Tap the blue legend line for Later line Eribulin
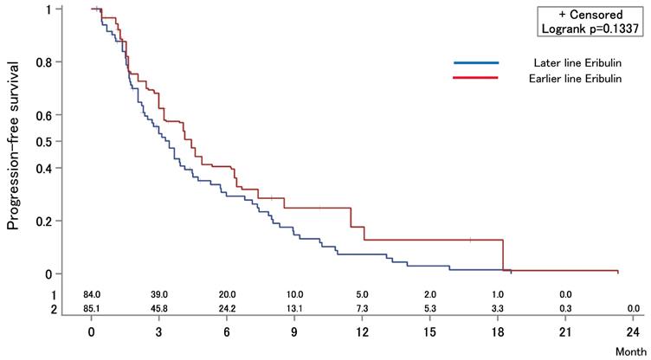point(476,63)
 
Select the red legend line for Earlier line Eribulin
point(476,78)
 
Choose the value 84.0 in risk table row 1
point(92,296)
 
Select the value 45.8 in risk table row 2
point(159,308)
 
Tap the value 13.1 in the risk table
point(294,308)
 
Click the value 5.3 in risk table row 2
point(429,308)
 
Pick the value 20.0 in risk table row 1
point(227,296)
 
